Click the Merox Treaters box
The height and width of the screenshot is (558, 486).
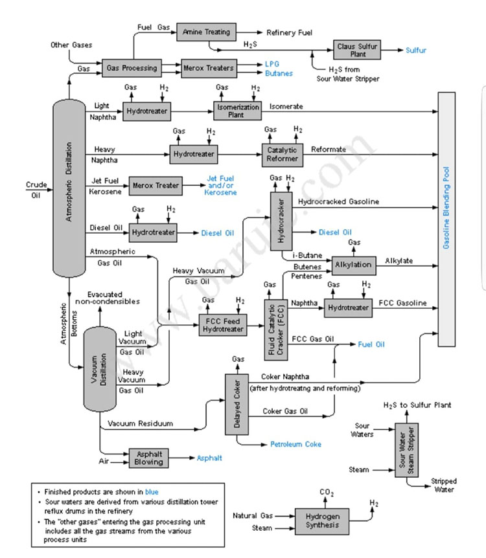click(x=208, y=67)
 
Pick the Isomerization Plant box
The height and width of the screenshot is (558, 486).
click(x=237, y=111)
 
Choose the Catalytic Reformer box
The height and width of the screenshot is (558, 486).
click(x=283, y=154)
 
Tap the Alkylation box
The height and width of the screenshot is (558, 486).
click(x=354, y=264)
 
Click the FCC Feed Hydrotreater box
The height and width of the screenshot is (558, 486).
click(x=223, y=324)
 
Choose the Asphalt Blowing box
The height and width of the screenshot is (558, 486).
click(x=148, y=458)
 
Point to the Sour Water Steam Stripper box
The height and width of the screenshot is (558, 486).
click(x=403, y=451)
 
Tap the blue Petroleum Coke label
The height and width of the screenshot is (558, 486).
click(x=295, y=444)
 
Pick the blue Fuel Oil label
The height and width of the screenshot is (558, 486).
click(x=371, y=344)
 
